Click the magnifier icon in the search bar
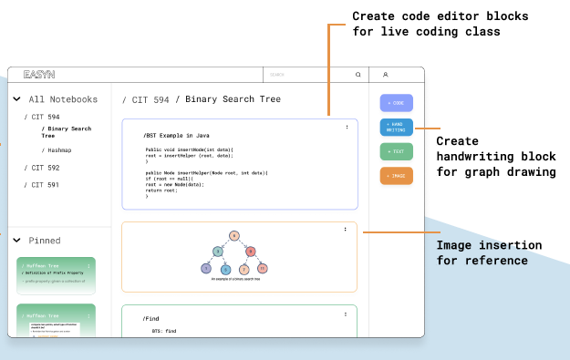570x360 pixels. [358, 75]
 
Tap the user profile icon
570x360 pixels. [385, 75]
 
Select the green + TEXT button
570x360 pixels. [397, 151]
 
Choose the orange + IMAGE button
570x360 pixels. [397, 176]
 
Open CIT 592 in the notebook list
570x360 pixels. [46, 168]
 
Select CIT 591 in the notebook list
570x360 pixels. [46, 185]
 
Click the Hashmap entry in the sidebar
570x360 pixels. [60, 149]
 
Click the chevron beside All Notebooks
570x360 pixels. [16, 99]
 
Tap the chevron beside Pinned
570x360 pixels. [16, 241]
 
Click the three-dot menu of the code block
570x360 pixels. [347, 128]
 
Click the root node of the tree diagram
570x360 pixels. [234, 236]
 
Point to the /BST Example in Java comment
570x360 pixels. [177, 135]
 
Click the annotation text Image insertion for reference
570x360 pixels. [489, 253]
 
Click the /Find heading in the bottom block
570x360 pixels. [151, 318]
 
